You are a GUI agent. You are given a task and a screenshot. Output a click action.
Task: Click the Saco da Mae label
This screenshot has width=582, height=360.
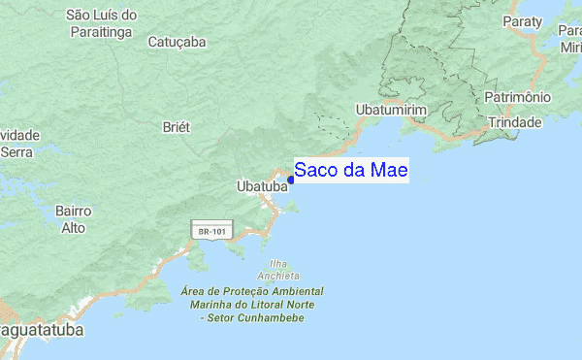coord(350,170)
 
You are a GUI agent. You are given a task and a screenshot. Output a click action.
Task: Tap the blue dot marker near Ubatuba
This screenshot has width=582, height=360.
coord(291,180)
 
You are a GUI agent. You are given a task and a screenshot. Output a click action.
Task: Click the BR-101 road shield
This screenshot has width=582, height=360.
coord(211,232)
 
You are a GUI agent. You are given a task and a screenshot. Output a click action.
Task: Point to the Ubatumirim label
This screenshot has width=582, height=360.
coord(391,111)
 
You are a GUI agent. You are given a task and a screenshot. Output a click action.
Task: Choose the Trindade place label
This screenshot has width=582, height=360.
coord(515,123)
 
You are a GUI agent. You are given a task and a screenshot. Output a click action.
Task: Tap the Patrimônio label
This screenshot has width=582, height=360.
coord(518,98)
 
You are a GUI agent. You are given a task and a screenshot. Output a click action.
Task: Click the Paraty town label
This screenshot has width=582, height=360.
coord(522,21)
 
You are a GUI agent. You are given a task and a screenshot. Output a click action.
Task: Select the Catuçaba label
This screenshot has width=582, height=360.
coord(178,42)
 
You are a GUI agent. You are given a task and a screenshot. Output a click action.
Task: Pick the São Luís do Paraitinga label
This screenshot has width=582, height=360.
coord(102,23)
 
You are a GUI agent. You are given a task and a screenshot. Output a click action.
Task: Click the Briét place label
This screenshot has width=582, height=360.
coord(177,127)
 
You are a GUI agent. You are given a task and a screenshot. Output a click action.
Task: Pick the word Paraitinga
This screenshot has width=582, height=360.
coord(102,31)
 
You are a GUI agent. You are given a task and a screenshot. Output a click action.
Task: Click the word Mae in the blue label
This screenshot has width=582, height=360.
coord(390,170)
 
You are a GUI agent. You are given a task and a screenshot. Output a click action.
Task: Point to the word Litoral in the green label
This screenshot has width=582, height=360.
coord(256,305)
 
